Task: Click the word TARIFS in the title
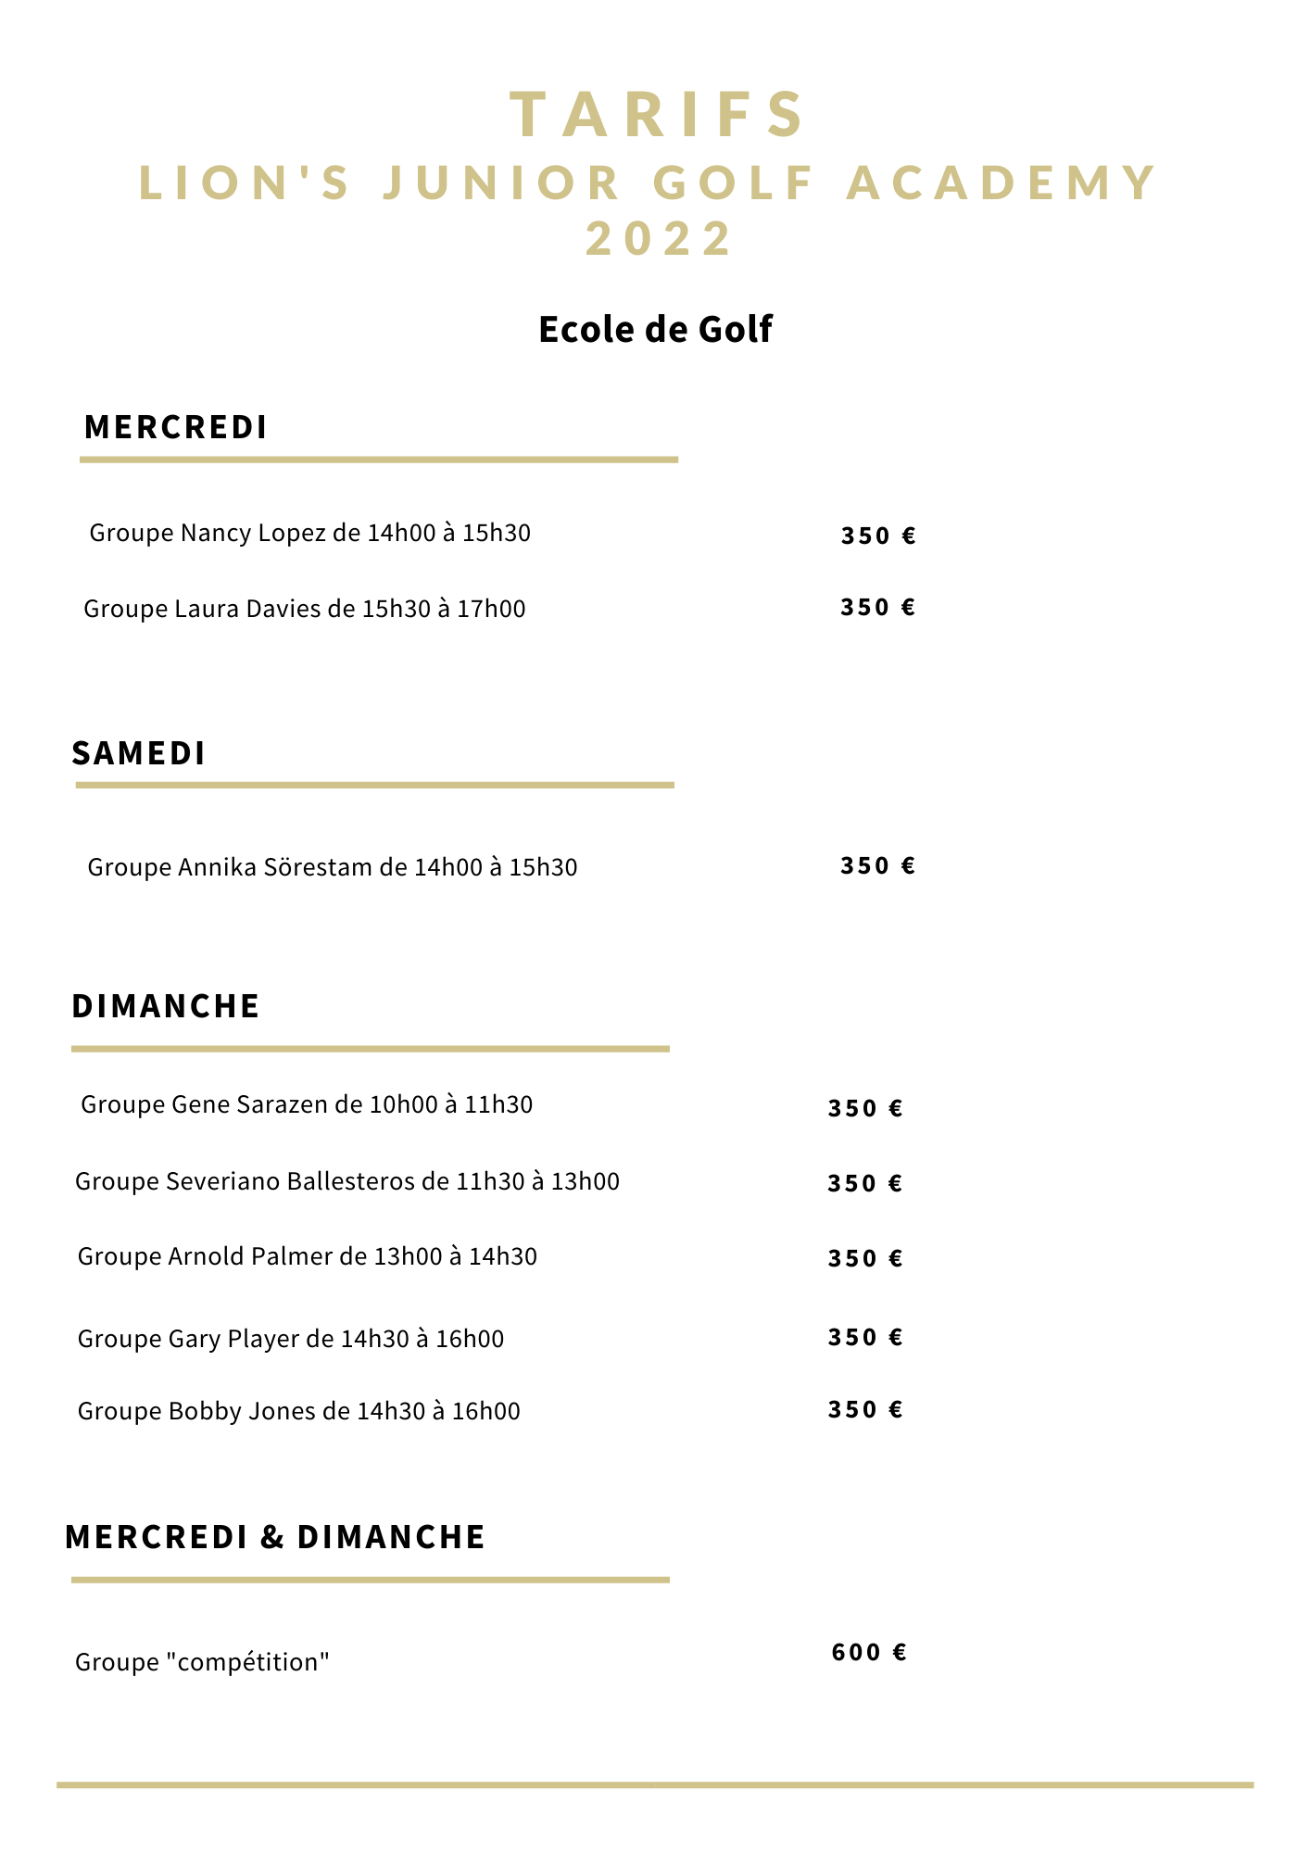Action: (658, 115)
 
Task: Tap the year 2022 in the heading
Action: (660, 238)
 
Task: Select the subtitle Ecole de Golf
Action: (655, 330)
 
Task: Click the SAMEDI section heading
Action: (139, 753)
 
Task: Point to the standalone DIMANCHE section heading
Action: (166, 1006)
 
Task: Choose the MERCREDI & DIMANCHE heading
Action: (275, 1537)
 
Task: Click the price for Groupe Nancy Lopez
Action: (878, 536)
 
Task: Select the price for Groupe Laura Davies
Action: (877, 607)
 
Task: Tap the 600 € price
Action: (869, 1652)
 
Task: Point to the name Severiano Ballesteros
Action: (290, 1181)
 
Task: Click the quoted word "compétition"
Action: (248, 1662)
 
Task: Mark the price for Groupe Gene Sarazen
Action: (865, 1108)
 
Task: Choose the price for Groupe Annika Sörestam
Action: (877, 865)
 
